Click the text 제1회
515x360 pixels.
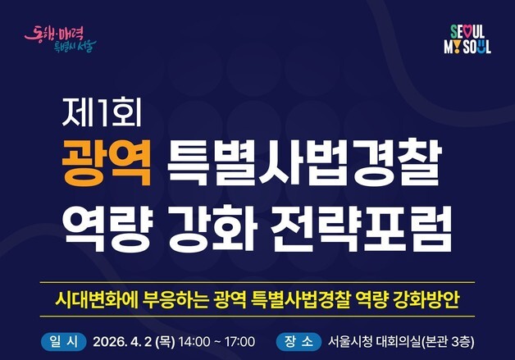[103, 109]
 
